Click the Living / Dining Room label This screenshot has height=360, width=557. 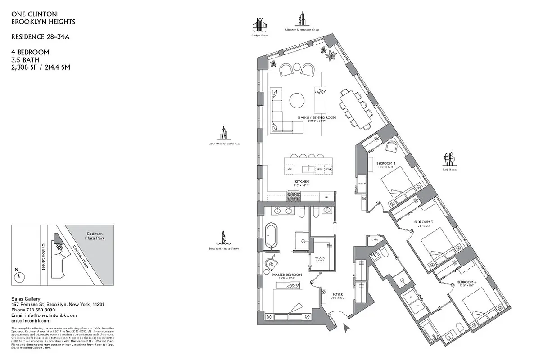pyautogui.click(x=317, y=117)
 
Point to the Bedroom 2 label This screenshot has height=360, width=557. pyautogui.click(x=385, y=163)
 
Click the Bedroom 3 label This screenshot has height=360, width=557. pyautogui.click(x=423, y=222)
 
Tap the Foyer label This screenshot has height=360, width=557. pyautogui.click(x=338, y=294)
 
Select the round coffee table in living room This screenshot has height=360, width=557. pyautogui.click(x=297, y=100)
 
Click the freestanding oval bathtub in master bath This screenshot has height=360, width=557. pyautogui.click(x=271, y=235)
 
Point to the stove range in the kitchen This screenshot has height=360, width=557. pyautogui.click(x=294, y=196)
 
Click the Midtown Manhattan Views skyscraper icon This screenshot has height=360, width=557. pyautogui.click(x=301, y=19)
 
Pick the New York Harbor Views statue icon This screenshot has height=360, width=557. pyautogui.click(x=223, y=237)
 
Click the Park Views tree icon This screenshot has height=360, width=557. pyautogui.click(x=449, y=159)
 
